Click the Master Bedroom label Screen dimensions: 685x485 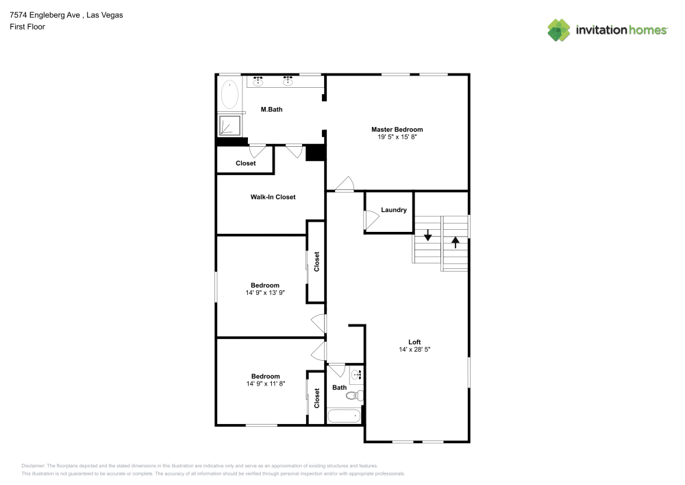[x=397, y=130]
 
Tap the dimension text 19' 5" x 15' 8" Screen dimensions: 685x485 [x=397, y=137]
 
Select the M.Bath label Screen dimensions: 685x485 [x=271, y=109]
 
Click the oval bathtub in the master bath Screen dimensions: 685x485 [x=229, y=95]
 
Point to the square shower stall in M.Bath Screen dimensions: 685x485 [x=229, y=125]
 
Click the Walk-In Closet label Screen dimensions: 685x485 [x=273, y=197]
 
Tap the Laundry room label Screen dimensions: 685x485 [x=394, y=210]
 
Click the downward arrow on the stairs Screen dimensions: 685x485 [x=427, y=235]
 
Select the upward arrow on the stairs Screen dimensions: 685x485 [x=456, y=242]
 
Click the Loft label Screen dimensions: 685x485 [x=414, y=342]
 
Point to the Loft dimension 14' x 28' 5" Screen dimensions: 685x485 [x=414, y=349]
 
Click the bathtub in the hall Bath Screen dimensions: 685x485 [x=345, y=416]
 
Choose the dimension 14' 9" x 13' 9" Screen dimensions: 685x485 [x=264, y=293]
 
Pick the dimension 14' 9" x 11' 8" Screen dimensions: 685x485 [x=266, y=384]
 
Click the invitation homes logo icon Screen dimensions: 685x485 [x=559, y=30]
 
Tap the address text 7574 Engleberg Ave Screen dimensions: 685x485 [x=45, y=15]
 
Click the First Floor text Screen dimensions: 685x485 [x=27, y=27]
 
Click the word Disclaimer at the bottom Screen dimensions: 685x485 [x=33, y=466]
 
